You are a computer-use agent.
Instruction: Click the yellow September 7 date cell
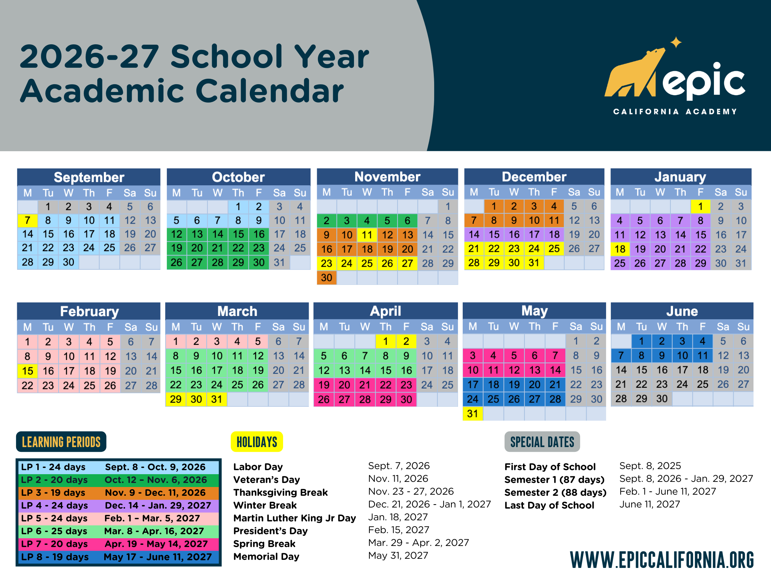pos(27,220)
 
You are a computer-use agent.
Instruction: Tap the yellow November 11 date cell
pos(367,235)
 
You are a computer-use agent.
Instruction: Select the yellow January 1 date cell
pos(700,207)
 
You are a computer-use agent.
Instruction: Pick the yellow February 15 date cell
pos(27,371)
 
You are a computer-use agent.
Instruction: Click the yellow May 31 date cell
pos(473,414)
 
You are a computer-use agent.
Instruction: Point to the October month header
pos(238,177)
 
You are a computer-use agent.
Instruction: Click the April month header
pos(385,311)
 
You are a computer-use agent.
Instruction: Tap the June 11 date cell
pos(703,355)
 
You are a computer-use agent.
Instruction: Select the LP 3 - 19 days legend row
pos(119,492)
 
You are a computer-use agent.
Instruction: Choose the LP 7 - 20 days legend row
pos(119,544)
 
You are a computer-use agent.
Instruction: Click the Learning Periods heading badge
pos(61,442)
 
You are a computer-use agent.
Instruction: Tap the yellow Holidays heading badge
pos(257,442)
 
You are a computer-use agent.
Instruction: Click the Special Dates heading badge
pos(542,442)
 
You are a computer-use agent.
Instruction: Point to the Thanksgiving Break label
pos(281,492)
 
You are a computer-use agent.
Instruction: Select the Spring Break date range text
pos(418,543)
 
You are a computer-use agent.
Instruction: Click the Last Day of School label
pos(549,505)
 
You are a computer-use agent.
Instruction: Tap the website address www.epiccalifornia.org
pos(662,560)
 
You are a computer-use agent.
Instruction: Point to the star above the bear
pos(676,42)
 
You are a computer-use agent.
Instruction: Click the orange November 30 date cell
pos(327,278)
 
